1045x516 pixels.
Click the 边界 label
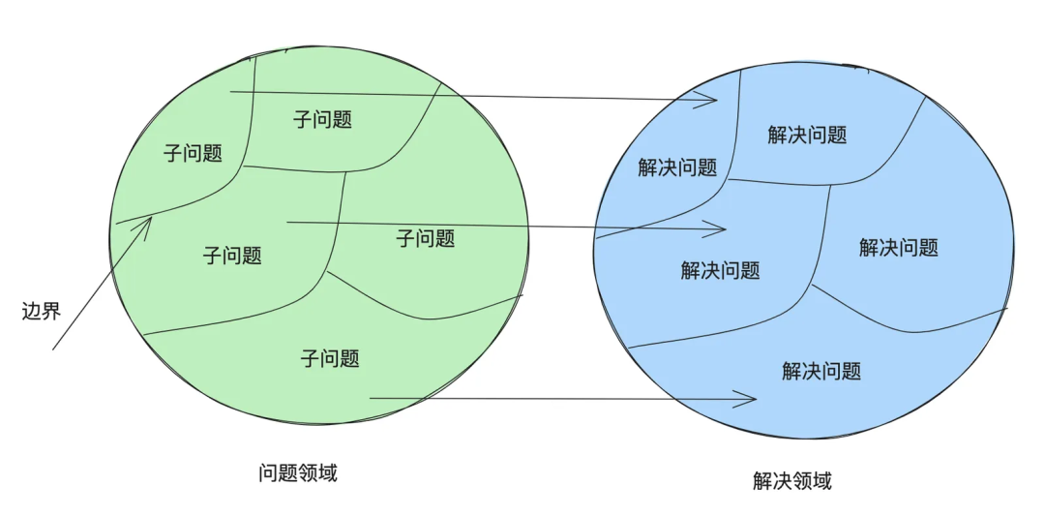[42, 311]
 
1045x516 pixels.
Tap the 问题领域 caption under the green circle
[298, 473]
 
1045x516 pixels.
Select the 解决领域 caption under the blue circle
[791, 481]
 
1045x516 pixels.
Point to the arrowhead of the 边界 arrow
[152, 217]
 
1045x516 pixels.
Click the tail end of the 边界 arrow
[53, 349]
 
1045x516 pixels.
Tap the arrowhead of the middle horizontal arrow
[726, 229]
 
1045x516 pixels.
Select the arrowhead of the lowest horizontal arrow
[756, 398]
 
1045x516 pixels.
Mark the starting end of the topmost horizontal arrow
[230, 93]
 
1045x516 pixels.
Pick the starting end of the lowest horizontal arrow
[371, 398]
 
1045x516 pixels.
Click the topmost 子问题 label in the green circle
[322, 120]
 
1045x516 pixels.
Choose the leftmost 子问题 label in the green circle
[193, 153]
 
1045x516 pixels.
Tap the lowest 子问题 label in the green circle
[330, 359]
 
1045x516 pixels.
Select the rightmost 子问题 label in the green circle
[426, 238]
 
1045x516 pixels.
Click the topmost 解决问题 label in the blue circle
[807, 136]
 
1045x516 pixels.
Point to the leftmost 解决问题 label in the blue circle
[677, 167]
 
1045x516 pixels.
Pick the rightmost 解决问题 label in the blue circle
[898, 248]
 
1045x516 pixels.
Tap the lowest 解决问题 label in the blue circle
[821, 371]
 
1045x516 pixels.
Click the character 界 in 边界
[52, 311]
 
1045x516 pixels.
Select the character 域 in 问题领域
[328, 473]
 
